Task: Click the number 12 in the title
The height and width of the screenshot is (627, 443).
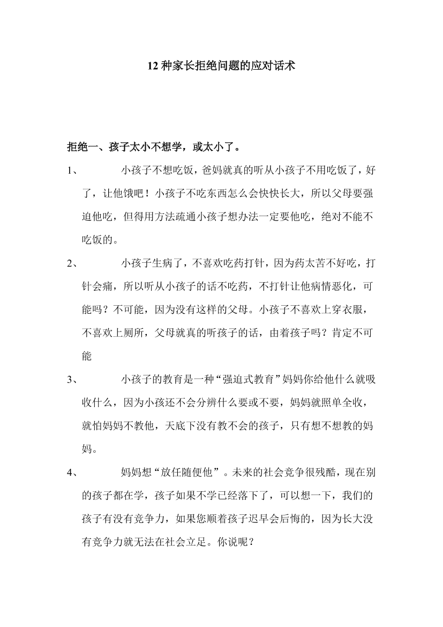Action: coord(153,67)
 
